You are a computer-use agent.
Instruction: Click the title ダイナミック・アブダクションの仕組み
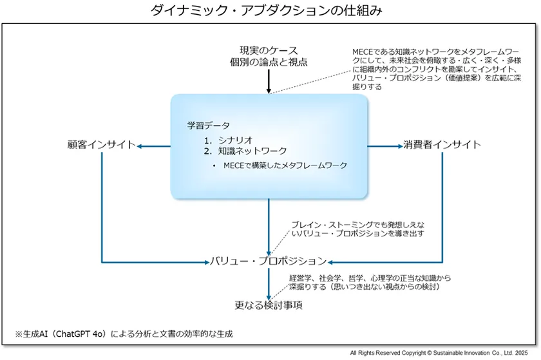tap(270, 10)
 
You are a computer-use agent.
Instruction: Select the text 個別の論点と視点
tap(269, 62)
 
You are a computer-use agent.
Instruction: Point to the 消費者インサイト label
tap(442, 145)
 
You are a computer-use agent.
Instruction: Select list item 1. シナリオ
tap(229, 139)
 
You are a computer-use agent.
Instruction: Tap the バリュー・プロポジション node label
tap(269, 261)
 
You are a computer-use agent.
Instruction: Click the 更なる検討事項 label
tap(269, 305)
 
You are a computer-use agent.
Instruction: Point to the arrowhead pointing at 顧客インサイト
tap(140, 146)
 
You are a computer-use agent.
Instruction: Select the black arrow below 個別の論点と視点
tap(269, 81)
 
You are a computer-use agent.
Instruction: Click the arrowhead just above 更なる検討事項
tap(269, 293)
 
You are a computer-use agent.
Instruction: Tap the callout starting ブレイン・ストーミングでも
tap(357, 229)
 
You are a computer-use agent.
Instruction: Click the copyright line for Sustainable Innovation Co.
tap(442, 354)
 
